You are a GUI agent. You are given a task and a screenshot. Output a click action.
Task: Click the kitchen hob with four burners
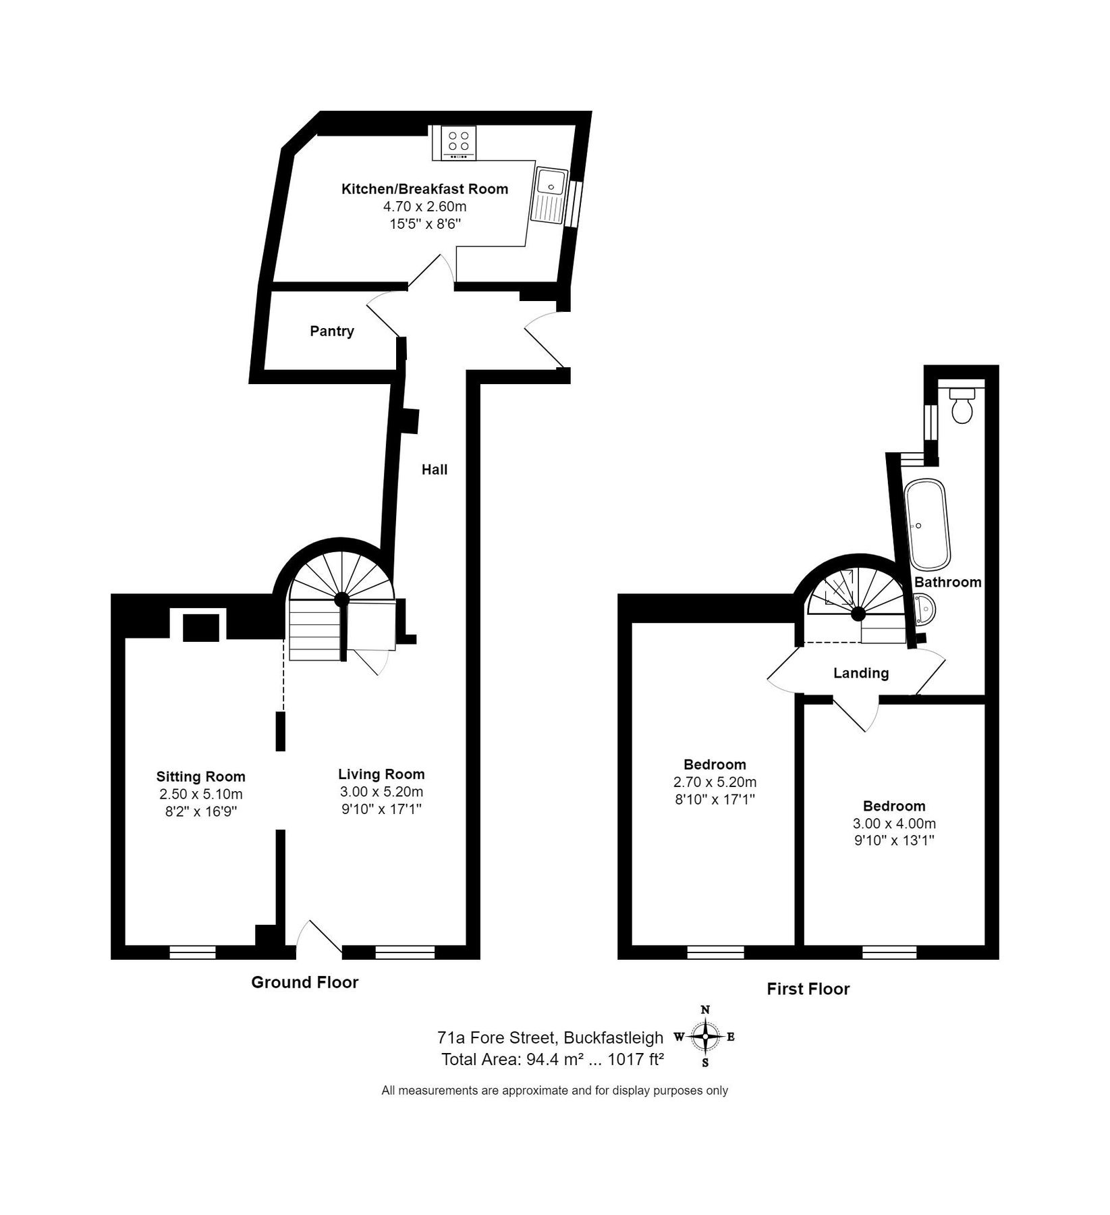click(458, 143)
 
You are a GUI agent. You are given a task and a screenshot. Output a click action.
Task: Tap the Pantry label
click(331, 331)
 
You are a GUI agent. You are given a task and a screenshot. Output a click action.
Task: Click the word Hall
click(434, 469)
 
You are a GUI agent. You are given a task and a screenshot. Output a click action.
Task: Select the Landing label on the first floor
click(860, 673)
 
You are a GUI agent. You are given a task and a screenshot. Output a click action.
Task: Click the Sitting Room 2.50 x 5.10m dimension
click(201, 794)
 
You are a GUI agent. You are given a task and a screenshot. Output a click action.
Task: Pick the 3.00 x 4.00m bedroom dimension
click(894, 823)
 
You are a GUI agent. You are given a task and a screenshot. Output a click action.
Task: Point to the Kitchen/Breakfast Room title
click(424, 189)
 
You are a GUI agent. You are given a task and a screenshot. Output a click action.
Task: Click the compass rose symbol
click(705, 1037)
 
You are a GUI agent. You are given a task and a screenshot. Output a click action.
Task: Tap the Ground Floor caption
click(304, 982)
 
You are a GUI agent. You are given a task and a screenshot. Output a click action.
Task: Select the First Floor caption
click(808, 989)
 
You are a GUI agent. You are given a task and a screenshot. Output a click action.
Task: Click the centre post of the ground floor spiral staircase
click(341, 599)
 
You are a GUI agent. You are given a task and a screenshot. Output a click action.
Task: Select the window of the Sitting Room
click(192, 952)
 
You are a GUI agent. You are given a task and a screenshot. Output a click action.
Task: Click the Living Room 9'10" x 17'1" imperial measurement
click(381, 809)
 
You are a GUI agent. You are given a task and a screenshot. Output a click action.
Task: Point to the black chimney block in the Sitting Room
click(202, 627)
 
